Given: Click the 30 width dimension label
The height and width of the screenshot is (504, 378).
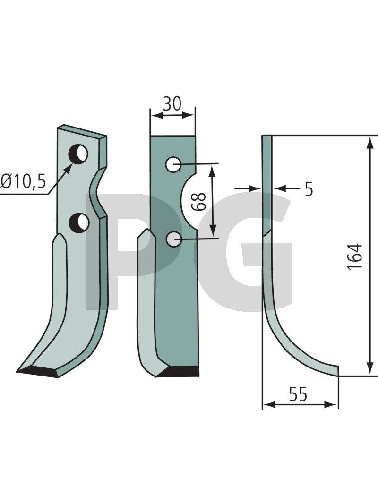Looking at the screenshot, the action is pos(172,103).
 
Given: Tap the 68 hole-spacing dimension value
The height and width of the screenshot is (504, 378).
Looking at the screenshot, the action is pos(198,202).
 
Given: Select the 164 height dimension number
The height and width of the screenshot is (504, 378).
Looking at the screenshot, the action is pos(355,257).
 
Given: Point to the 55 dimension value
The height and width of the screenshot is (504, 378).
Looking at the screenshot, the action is pos(298,394).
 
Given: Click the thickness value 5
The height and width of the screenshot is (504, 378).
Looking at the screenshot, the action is pos(309,189).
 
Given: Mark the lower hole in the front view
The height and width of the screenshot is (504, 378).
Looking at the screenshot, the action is pos(173,239).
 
